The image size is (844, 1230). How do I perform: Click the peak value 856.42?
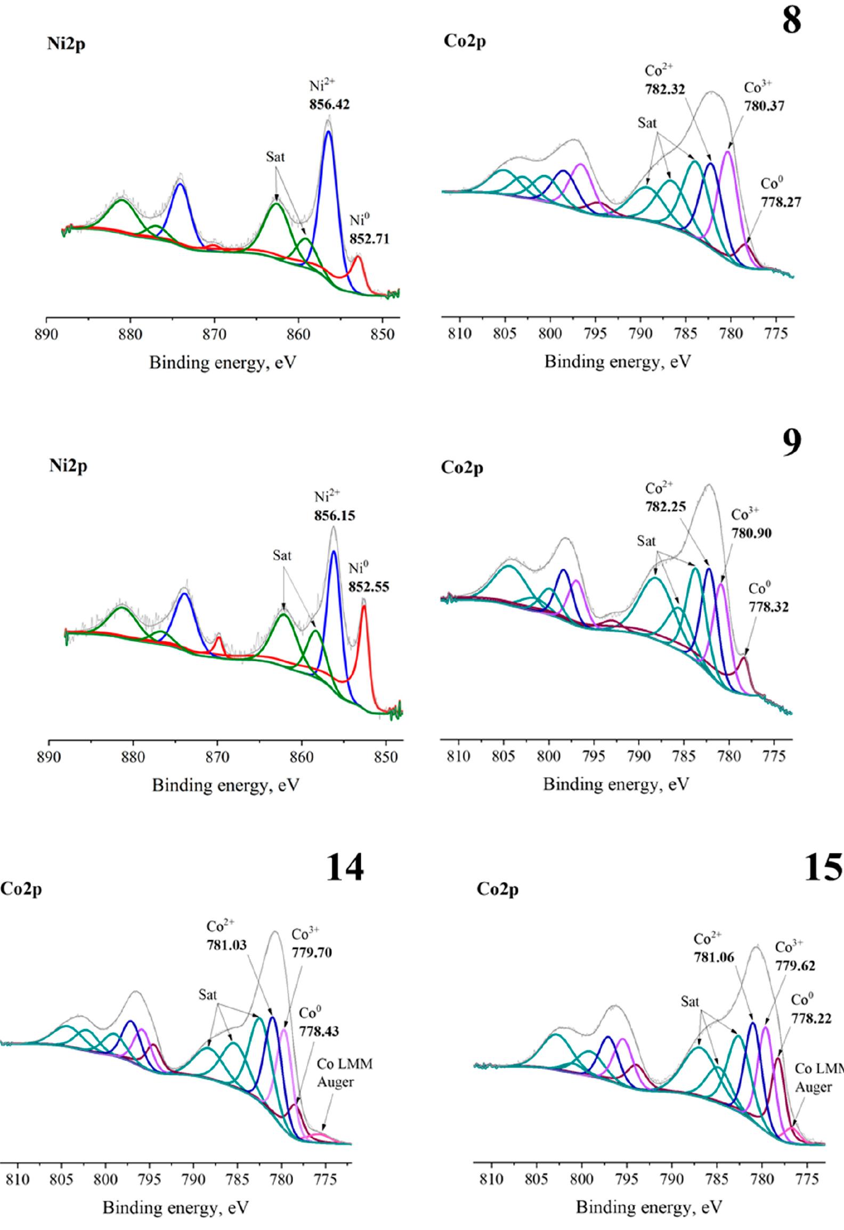(x=329, y=105)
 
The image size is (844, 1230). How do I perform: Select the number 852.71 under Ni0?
(x=369, y=239)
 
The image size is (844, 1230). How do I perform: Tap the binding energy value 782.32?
(x=664, y=90)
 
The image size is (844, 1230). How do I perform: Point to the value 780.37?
(x=764, y=106)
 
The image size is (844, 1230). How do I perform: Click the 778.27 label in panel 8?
(x=781, y=202)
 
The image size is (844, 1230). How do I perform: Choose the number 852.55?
(x=369, y=587)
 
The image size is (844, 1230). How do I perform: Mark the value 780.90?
(x=751, y=533)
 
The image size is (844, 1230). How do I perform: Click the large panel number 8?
(x=792, y=23)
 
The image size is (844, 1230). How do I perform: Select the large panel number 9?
(x=792, y=443)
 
